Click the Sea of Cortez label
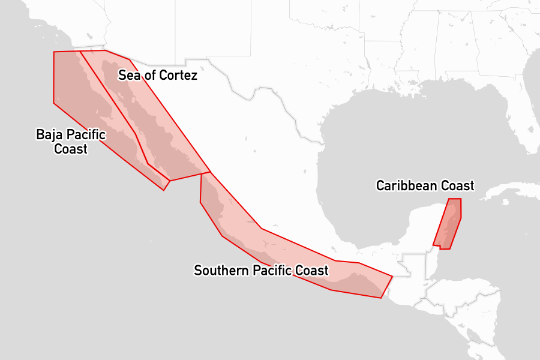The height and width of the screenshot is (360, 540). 157,75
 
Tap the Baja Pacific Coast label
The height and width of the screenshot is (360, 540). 71,142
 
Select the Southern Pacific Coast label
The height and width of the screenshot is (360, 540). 261,271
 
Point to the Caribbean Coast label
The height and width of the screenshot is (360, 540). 425,185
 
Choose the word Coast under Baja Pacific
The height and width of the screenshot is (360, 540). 71,149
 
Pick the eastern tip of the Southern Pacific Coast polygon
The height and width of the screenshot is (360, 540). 392,277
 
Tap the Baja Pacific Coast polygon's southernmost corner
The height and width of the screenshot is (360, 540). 164,191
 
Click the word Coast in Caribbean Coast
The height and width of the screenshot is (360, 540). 457,185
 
